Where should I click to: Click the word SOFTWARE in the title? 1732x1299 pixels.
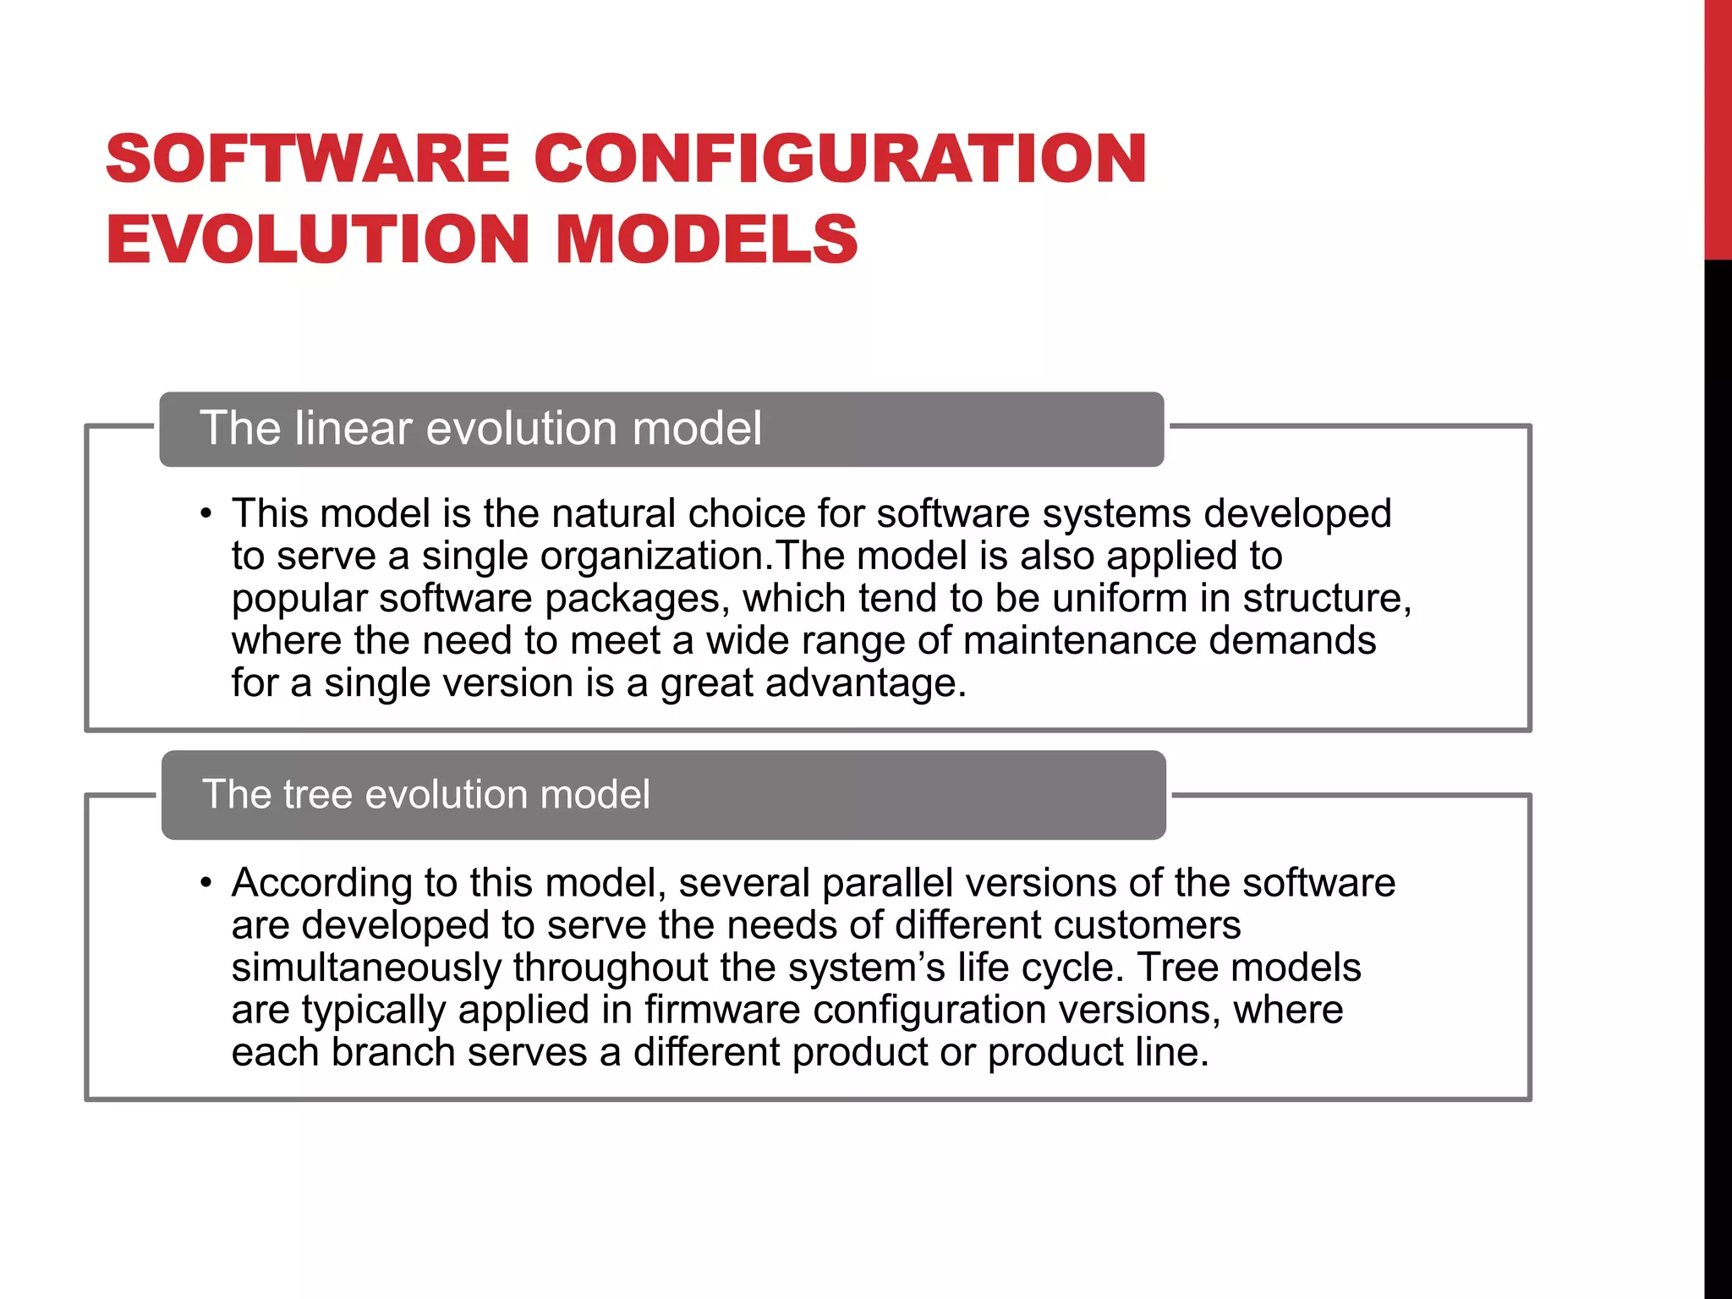(308, 159)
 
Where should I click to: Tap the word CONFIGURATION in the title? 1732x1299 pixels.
(840, 159)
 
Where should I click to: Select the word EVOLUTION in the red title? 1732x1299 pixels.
(318, 239)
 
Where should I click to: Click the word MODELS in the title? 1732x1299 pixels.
(706, 239)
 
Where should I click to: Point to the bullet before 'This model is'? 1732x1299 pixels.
(206, 514)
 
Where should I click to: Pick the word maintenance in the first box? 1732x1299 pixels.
(1079, 641)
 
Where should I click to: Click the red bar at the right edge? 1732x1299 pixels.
(1718, 127)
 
